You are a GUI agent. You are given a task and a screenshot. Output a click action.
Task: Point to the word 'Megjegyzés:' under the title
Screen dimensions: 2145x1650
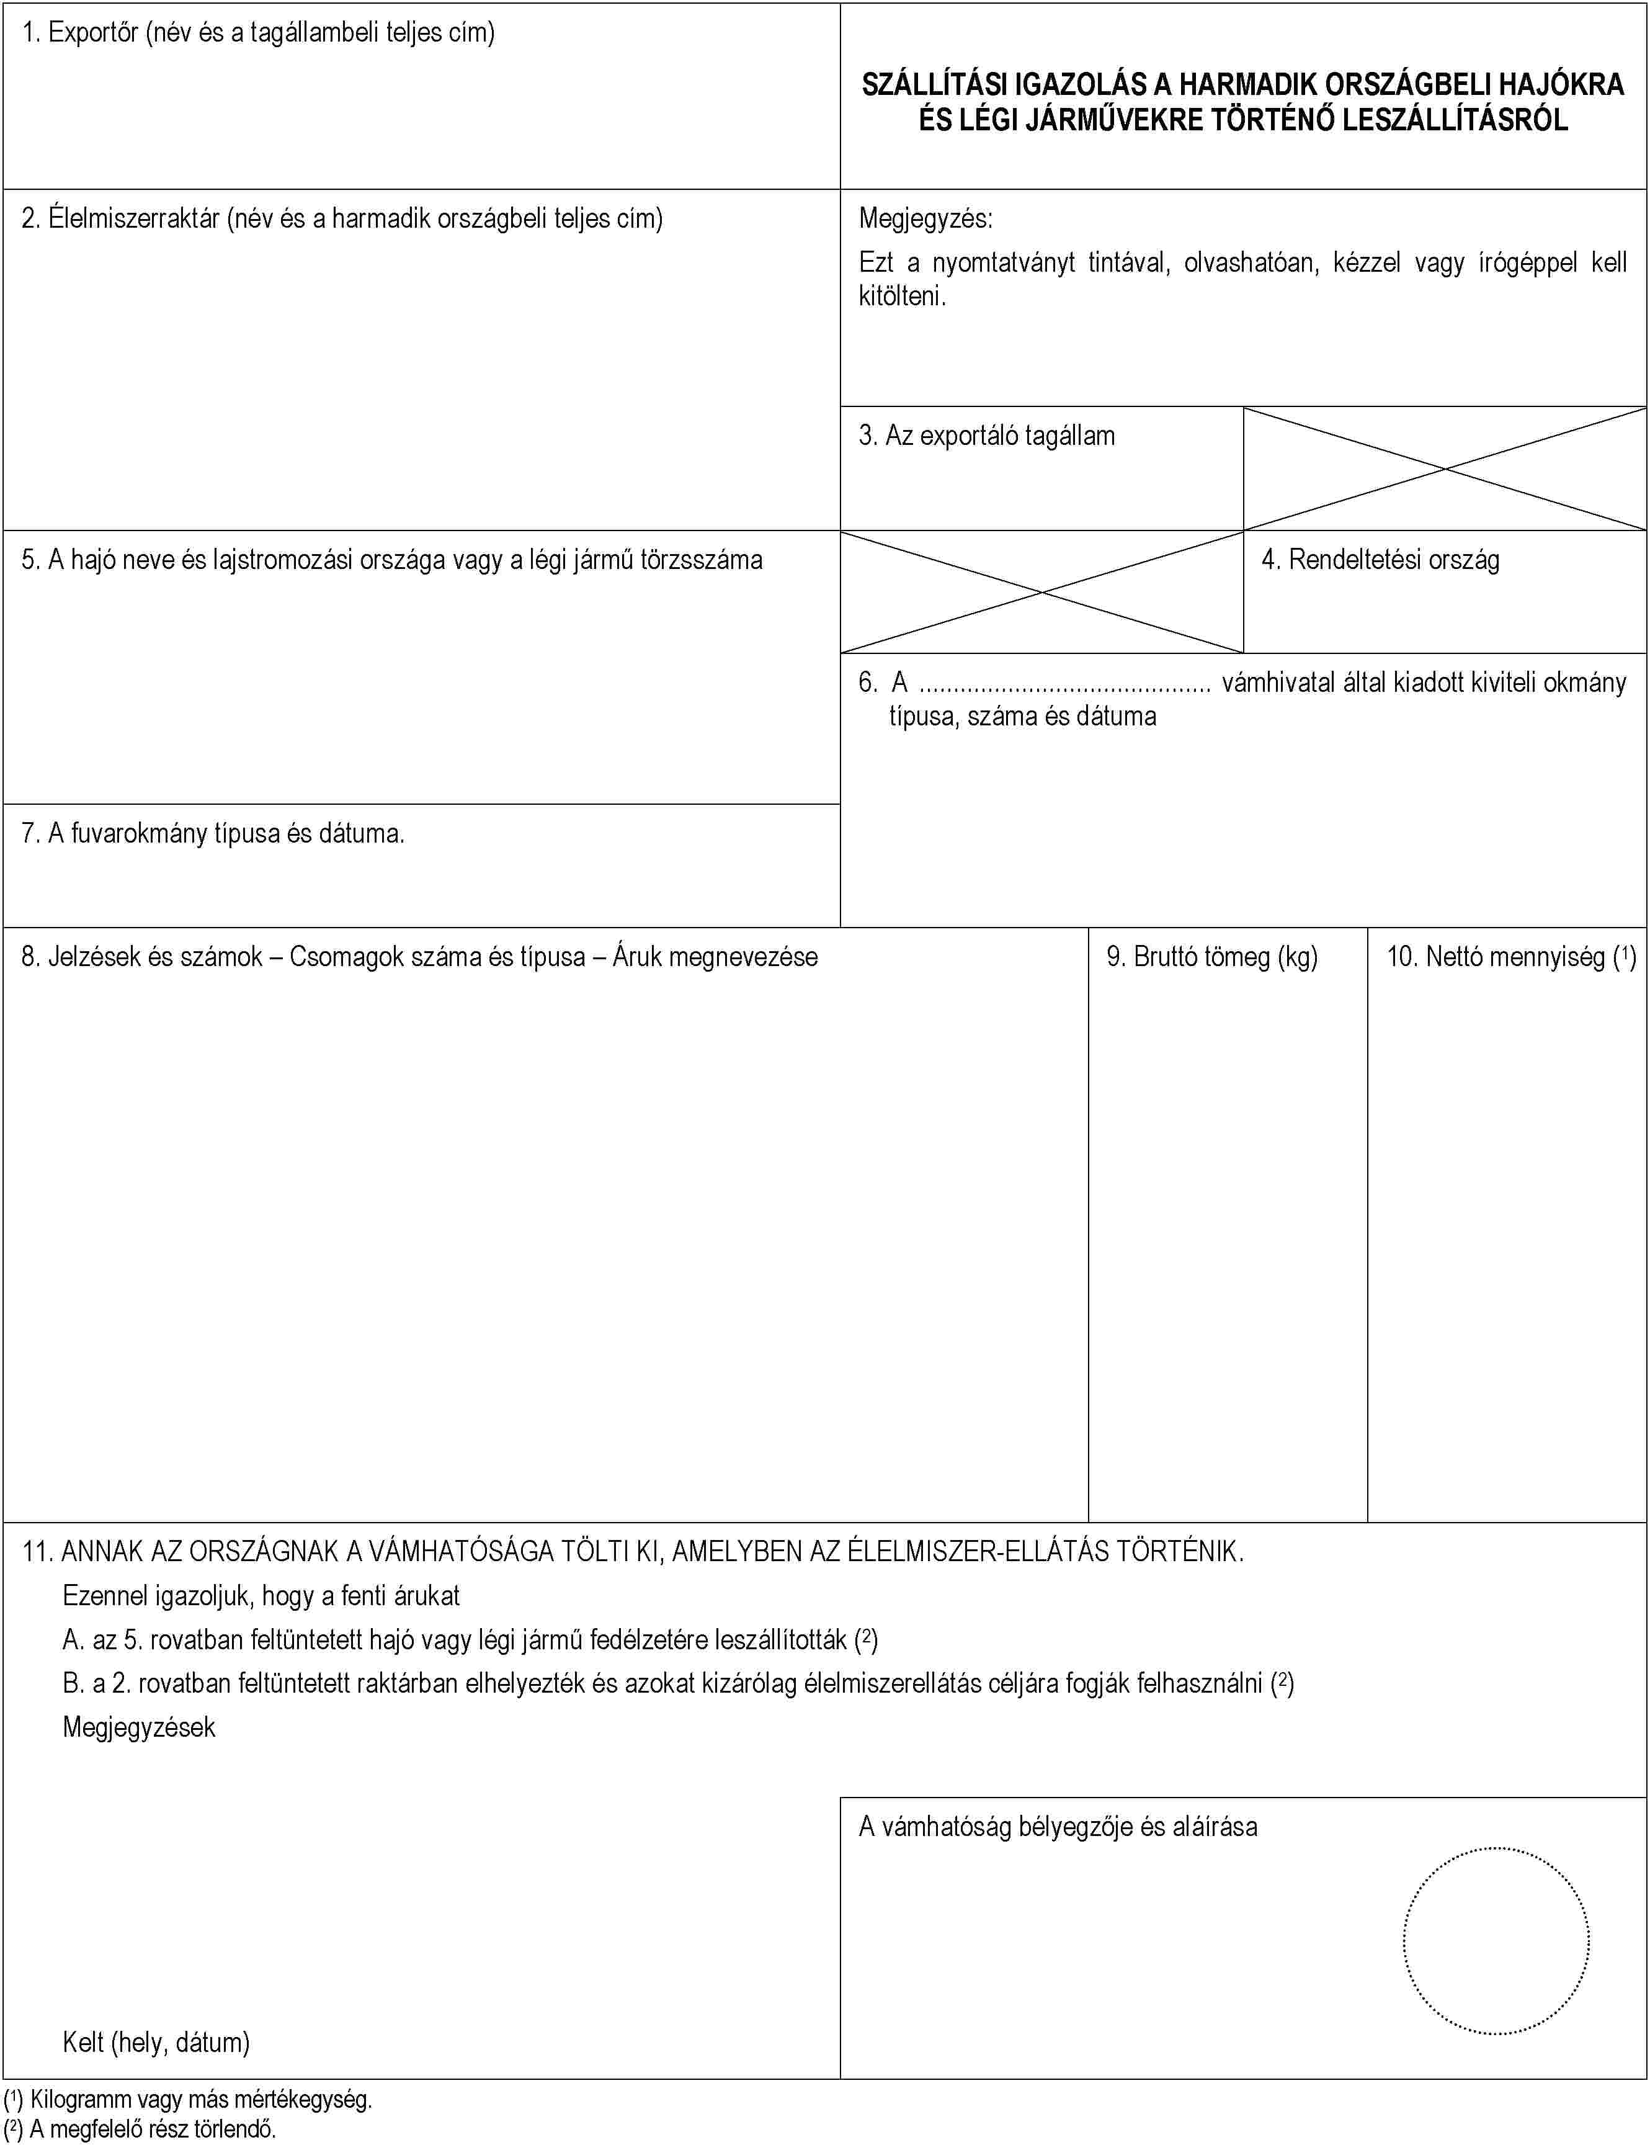click(x=925, y=218)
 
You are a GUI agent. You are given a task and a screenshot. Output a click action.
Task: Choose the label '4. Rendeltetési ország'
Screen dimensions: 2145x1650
click(x=1380, y=560)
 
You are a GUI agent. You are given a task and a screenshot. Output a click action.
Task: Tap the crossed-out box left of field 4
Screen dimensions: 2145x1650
click(x=1041, y=592)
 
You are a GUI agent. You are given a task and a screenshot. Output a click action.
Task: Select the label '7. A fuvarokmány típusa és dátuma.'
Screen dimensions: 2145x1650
click(x=213, y=834)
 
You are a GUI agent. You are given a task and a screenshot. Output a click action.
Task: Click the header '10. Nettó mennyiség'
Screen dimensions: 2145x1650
click(x=1510, y=957)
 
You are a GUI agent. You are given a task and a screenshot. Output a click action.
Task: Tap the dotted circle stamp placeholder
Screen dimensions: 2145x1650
click(x=1495, y=1941)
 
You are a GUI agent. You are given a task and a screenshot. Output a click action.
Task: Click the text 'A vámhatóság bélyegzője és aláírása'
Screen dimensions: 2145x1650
click(x=1058, y=1827)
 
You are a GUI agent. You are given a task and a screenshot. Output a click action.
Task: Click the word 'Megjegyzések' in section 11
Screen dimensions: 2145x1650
click(x=138, y=1727)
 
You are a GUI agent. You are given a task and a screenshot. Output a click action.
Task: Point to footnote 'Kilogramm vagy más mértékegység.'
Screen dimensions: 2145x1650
click(x=200, y=2100)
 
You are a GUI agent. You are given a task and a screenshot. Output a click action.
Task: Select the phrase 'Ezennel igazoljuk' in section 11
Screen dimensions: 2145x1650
click(x=157, y=1596)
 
